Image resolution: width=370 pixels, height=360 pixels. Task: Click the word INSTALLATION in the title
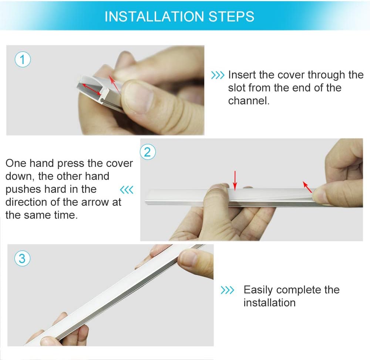(154, 17)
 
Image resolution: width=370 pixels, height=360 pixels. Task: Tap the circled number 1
(23, 60)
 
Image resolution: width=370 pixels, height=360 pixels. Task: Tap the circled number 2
(148, 152)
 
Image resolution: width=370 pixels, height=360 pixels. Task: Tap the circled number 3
(22, 258)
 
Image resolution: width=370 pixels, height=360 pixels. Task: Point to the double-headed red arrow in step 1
(91, 89)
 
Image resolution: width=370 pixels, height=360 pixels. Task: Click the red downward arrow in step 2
(235, 181)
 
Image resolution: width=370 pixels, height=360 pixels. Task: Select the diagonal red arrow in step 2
(307, 187)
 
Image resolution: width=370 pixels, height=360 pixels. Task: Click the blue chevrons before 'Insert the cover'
(218, 75)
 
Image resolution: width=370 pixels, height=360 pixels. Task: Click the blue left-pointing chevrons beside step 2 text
(127, 190)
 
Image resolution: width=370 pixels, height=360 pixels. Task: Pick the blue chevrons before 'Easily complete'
(227, 290)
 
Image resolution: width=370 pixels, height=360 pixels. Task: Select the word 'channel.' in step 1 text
(249, 101)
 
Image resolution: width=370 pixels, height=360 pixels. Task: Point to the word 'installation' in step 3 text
(269, 303)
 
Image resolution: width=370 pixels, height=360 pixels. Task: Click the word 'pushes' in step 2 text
(23, 190)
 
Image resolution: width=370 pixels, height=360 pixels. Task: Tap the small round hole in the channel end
(102, 100)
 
